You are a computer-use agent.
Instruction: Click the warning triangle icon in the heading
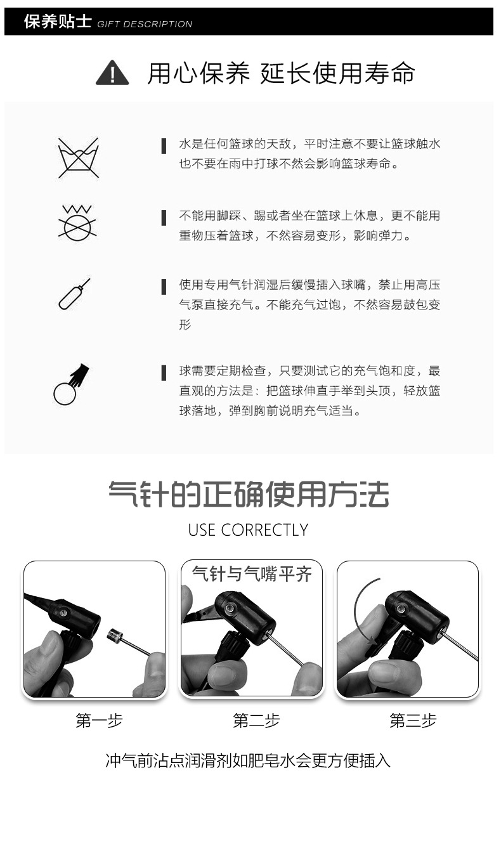coord(112,73)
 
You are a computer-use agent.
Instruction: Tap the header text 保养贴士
coord(57,22)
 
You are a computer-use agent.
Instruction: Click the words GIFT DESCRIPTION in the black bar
coord(145,24)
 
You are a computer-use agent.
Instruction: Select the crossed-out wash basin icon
coord(78,157)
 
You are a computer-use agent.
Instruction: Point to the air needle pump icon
coord(74,294)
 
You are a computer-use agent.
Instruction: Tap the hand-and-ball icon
coord(71,384)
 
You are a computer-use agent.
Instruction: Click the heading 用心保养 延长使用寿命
coord(281,74)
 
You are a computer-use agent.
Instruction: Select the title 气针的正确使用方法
coord(248,494)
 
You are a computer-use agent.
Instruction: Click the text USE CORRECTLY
coord(248,530)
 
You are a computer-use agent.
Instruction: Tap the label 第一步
coord(99,720)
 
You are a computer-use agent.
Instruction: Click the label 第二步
coord(256,720)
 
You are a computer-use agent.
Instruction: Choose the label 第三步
coord(413,720)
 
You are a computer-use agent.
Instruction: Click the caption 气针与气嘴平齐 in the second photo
coord(252,575)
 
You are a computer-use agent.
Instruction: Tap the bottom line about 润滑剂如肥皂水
coord(248,760)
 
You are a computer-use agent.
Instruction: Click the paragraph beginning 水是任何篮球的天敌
coord(309,154)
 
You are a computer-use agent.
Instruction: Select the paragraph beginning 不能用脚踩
coord(309,225)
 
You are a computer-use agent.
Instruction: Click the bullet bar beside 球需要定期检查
coord(164,372)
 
